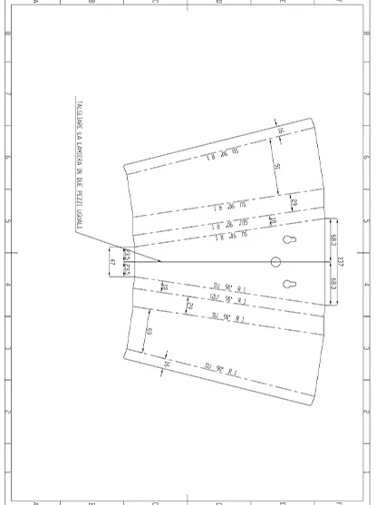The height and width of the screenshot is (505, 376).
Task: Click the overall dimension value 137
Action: (340, 263)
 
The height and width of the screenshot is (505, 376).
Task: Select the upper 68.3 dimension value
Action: (333, 240)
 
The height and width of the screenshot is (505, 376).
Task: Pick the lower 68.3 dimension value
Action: (333, 286)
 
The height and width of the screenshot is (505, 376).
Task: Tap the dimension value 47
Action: (112, 262)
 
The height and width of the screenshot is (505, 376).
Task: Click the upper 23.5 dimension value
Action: (127, 253)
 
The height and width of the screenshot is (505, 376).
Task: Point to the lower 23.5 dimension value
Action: (127, 270)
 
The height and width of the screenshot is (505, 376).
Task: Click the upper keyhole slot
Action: (288, 240)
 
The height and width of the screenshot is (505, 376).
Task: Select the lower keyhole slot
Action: (288, 284)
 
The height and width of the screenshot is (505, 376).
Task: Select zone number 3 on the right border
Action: (367, 348)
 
